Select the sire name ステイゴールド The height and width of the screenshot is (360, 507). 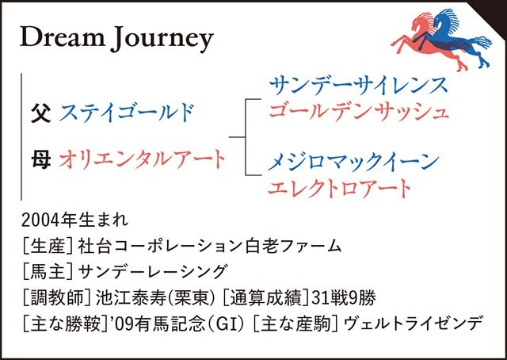coord(126,112)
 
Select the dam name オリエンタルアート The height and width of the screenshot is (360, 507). coord(142,159)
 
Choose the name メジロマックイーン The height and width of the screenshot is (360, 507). coord(353,163)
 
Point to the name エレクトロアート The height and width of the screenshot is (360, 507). coord(340,188)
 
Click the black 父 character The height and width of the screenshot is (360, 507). coord(40,112)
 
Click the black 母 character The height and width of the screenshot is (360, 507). coord(40,159)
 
